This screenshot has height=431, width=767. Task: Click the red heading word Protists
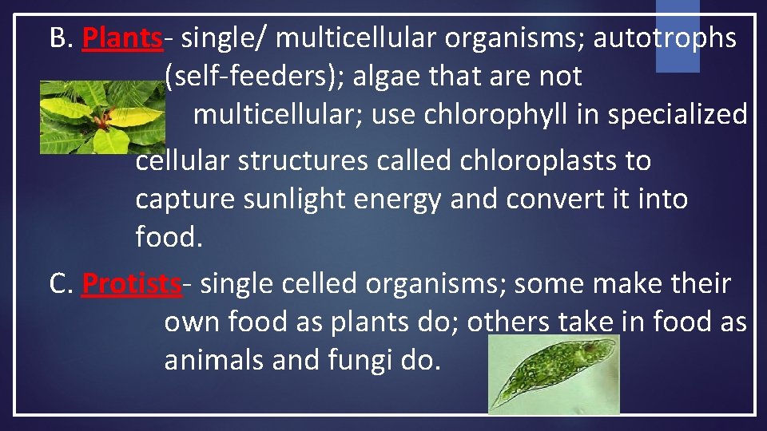pyautogui.click(x=131, y=283)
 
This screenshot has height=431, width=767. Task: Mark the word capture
pyautogui.click(x=179, y=200)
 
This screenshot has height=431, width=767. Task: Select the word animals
pyautogui.click(x=214, y=361)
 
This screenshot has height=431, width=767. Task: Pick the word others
pyautogui.click(x=508, y=322)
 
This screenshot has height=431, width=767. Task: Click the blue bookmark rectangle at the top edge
pyautogui.click(x=678, y=36)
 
